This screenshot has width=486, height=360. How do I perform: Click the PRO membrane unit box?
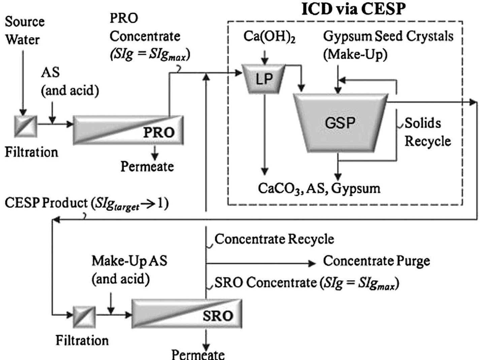point(128,130)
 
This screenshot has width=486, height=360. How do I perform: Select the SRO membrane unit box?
point(186,313)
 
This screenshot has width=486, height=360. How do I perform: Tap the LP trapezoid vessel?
point(264,79)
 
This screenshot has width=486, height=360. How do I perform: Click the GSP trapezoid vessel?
point(340,123)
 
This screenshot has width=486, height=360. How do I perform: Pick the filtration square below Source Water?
point(26,126)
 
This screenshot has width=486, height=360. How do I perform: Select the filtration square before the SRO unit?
point(84,317)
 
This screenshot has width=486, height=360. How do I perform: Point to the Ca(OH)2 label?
point(269,37)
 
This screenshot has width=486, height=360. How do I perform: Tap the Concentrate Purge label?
point(376,261)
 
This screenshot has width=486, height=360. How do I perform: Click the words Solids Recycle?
point(427,132)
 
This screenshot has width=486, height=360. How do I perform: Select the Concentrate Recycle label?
point(274,239)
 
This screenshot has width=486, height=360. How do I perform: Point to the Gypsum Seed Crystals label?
point(388,44)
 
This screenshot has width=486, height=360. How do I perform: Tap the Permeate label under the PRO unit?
point(147,166)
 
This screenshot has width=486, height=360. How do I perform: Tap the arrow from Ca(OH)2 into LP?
point(265,58)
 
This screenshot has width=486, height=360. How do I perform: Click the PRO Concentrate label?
point(145,36)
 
